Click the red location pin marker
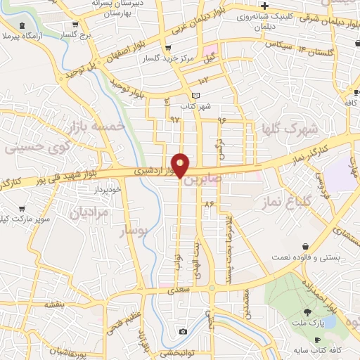pos(181,166)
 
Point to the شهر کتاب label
pos(195,106)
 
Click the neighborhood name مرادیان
pos(91,212)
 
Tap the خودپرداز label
pos(108,189)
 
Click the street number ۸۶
pos(208,203)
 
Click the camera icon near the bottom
pos(183,331)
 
